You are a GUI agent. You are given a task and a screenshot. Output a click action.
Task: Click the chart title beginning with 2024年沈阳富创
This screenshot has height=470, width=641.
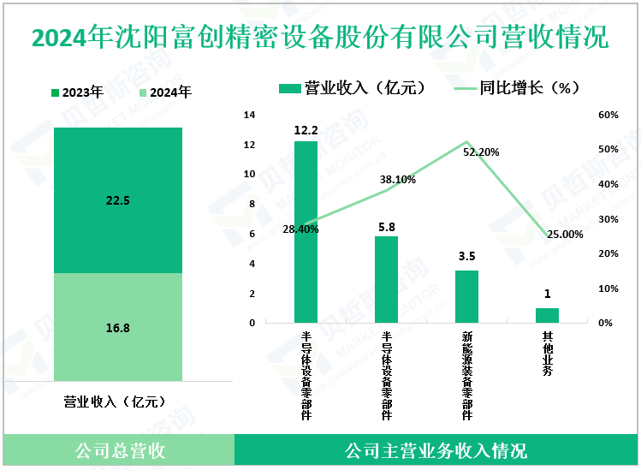(x=320, y=39)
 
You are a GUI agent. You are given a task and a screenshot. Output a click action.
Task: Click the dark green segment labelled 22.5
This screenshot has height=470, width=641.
(x=118, y=200)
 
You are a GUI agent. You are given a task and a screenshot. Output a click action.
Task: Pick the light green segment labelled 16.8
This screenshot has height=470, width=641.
(x=118, y=326)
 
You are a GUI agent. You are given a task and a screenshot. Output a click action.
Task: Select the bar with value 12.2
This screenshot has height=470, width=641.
(x=306, y=232)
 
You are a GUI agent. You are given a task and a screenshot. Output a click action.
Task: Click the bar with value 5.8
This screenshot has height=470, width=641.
(x=386, y=279)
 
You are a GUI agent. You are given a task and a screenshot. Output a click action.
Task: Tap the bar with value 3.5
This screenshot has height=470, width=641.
(x=466, y=296)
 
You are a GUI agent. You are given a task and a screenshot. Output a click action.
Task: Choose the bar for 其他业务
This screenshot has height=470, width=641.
(x=547, y=315)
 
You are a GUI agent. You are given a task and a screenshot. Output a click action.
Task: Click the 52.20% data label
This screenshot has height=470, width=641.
(x=481, y=152)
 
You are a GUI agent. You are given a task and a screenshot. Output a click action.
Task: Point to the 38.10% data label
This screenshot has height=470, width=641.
(x=398, y=180)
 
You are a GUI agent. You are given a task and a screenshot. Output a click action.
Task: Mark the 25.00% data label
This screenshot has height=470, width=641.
(x=565, y=234)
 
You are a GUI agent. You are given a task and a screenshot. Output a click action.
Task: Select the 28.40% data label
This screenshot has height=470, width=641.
(x=300, y=229)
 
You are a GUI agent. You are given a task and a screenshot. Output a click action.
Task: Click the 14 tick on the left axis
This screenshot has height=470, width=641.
(x=250, y=115)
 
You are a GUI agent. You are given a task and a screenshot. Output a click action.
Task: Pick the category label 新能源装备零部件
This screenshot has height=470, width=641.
(x=467, y=375)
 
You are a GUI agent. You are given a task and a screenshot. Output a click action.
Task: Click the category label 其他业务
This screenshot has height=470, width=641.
(x=548, y=353)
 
